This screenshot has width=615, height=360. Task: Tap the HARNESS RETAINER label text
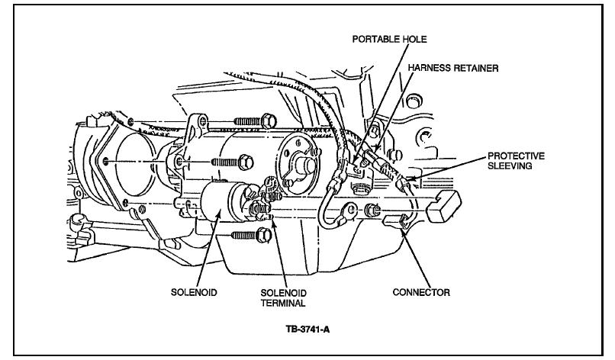[x=454, y=68]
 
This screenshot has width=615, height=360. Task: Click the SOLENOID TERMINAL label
[x=283, y=297]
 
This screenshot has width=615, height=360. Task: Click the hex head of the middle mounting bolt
[x=244, y=161]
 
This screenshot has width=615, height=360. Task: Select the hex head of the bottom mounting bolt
[x=259, y=236]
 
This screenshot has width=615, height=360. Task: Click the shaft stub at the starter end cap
[x=310, y=166]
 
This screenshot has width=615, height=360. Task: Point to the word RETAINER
[x=476, y=68]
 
